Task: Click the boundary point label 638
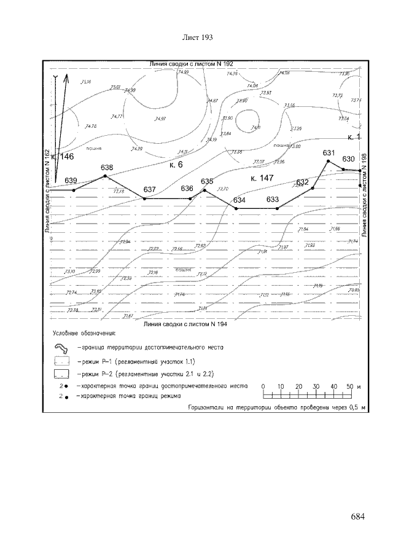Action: tap(107, 167)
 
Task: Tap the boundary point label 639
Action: tap(71, 180)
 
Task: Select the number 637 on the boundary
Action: tap(150, 189)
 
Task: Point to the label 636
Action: tap(187, 189)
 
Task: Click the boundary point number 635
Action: tap(207, 181)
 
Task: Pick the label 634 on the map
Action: tap(239, 200)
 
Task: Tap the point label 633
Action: tap(273, 200)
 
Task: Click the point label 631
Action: tap(329, 152)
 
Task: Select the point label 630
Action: tap(349, 159)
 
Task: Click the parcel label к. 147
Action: tap(262, 178)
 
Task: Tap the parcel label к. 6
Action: tap(176, 165)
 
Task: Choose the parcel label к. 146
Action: tap(62, 157)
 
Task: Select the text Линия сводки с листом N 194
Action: tap(185, 323)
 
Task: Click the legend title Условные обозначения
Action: tap(83, 335)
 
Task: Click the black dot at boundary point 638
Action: tap(105, 176)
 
